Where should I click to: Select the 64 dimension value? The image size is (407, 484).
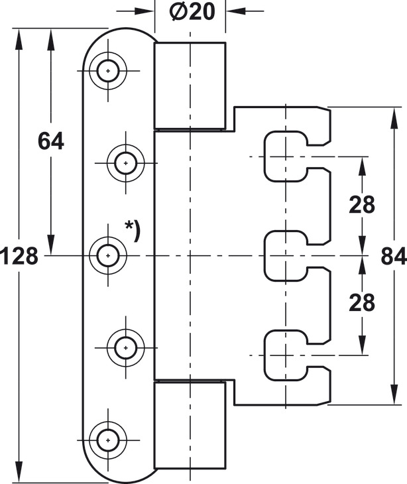50,141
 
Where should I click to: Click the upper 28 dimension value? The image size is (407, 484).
362,205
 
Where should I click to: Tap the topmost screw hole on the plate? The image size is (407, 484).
107,70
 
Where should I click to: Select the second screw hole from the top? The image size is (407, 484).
125,162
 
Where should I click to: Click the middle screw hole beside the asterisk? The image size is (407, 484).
107,255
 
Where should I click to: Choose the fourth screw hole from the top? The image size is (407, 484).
125,347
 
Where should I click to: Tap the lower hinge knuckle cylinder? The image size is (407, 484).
190,424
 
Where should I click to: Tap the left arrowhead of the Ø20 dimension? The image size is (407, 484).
147,11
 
